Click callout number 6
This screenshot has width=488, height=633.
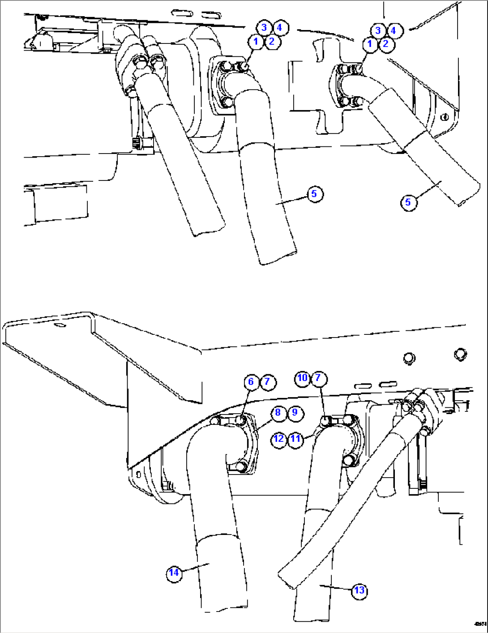251,381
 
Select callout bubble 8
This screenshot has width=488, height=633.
278,412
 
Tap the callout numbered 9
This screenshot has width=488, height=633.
294,412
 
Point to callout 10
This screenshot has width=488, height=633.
302,378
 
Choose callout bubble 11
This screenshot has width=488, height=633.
295,438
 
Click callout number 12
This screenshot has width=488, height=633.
278,438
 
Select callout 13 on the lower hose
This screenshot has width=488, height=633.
359,590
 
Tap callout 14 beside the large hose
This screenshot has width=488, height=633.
174,572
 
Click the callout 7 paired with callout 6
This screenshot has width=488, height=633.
267,381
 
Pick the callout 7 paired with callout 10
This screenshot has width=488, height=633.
318,378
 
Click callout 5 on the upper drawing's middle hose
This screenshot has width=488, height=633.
314,194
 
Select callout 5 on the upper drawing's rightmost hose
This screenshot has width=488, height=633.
407,202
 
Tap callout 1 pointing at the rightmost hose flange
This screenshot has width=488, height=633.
370,44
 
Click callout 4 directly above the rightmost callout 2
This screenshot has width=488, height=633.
394,30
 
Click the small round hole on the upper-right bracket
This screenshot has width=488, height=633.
444,117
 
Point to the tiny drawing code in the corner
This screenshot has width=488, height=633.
481,624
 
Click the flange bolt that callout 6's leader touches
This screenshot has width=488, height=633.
241,421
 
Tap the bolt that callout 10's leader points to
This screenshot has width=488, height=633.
326,420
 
